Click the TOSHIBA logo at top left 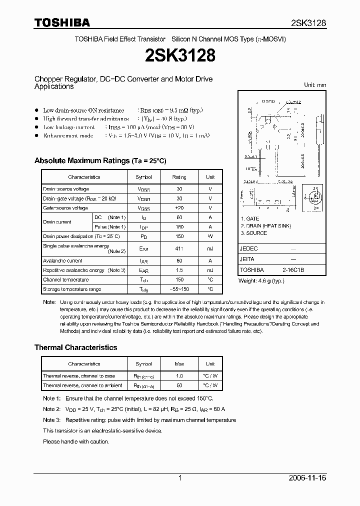(62, 22)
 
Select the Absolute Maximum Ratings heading (100, 161)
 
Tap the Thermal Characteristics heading (75, 347)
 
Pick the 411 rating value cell (179, 248)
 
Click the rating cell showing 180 (179, 227)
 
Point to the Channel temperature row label (66, 280)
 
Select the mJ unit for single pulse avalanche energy (210, 248)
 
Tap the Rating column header (179, 177)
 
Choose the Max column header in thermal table (179, 364)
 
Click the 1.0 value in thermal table (179, 376)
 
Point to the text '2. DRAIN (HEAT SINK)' (265, 226)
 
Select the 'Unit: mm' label (315, 85)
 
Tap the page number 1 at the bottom (180, 478)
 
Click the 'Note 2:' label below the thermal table (51, 409)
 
